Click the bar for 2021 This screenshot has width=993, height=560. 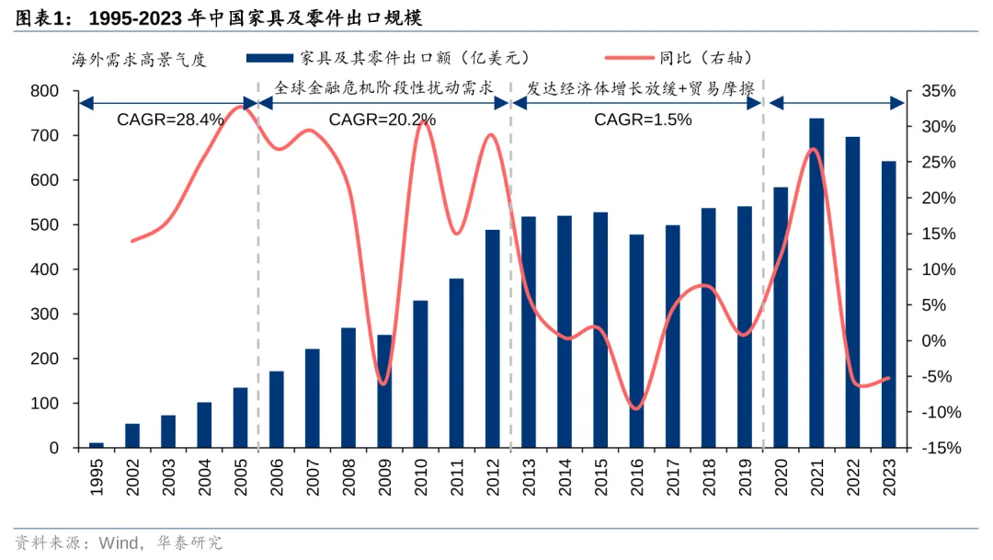tap(816, 283)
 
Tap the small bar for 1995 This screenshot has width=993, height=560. tap(96, 445)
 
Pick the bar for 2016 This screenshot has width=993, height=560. tap(636, 341)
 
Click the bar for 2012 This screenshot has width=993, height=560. tap(493, 338)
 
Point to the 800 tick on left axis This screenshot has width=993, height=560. tap(44, 91)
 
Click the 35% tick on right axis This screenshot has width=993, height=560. tap(938, 91)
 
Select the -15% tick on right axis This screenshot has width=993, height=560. tap(938, 448)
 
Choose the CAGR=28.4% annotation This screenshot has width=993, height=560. tap(170, 120)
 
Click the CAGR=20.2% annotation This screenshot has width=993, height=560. tap(382, 120)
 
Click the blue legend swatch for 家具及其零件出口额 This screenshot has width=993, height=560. tap(270, 58)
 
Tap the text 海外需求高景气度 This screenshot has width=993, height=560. tap(140, 60)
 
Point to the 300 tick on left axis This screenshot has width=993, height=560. tap(44, 314)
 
